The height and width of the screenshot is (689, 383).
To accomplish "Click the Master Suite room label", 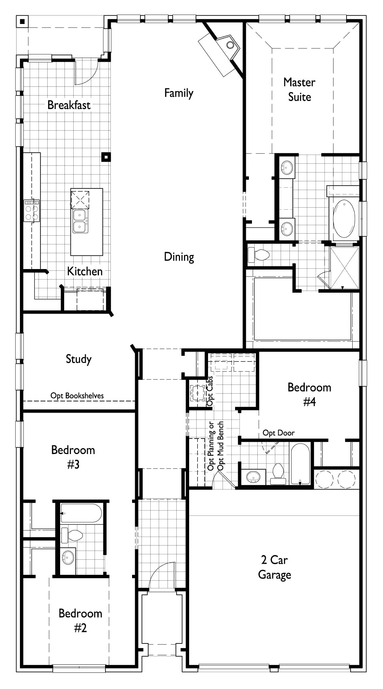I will (299, 89).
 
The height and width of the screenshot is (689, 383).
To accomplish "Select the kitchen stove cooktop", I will (31, 211).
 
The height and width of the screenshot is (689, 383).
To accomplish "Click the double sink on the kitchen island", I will (80, 221).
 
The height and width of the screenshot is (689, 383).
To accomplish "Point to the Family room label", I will (179, 93).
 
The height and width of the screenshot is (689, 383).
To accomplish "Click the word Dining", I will (179, 257).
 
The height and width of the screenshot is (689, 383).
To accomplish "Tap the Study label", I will (78, 359).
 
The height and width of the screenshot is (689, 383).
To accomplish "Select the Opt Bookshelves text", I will (77, 396).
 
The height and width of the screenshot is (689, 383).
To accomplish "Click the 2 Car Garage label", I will (274, 567).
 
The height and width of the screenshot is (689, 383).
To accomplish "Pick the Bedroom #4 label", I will (309, 394).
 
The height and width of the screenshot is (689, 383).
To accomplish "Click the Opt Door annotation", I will (278, 433).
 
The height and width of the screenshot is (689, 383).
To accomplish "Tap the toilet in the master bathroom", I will (258, 254).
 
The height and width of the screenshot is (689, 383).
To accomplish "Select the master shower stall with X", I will (344, 268).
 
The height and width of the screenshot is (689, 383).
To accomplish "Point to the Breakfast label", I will (69, 105).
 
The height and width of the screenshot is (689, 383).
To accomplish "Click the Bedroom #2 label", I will (80, 620).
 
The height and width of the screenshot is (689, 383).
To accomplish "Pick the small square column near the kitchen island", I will (106, 157).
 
